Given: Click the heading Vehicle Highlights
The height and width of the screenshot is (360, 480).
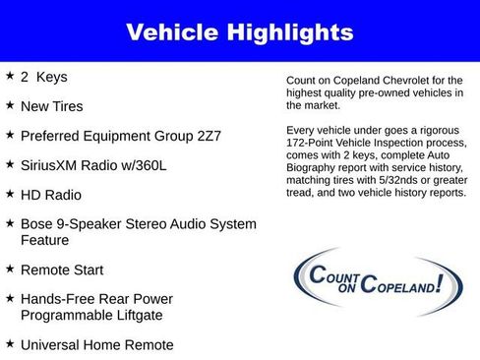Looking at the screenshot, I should tap(239, 32).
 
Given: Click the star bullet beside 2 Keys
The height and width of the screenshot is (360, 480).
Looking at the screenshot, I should tap(10, 76).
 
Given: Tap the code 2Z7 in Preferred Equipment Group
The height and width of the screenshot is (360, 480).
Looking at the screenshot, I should tap(209, 136).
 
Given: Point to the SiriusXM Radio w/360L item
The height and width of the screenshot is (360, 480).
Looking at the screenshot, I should tap(93, 165).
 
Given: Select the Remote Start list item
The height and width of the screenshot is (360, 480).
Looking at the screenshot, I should tap(61, 270).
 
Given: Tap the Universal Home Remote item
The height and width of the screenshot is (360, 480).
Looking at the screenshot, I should tap(96, 344).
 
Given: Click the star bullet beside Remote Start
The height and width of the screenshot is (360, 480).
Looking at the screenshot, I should tap(10, 269).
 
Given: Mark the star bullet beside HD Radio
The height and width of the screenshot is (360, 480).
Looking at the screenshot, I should tap(10, 194).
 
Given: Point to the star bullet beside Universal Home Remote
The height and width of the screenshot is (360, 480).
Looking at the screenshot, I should tap(10, 343).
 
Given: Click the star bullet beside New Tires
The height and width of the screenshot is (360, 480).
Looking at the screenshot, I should tap(10, 105).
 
